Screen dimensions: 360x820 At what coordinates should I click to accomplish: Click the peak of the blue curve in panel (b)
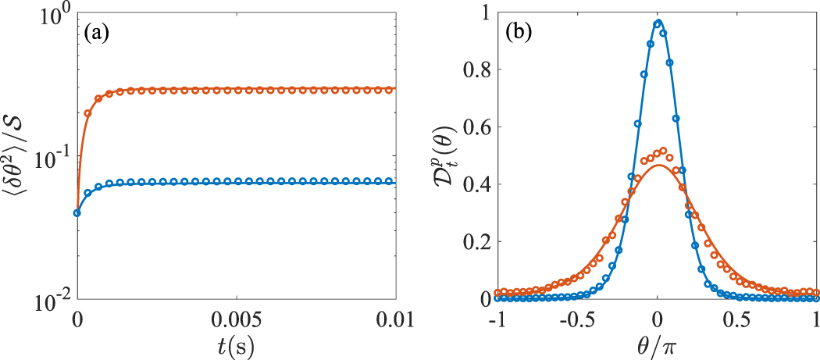(x=658, y=22)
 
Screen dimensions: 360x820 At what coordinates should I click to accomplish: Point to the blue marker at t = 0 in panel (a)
(x=77, y=212)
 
